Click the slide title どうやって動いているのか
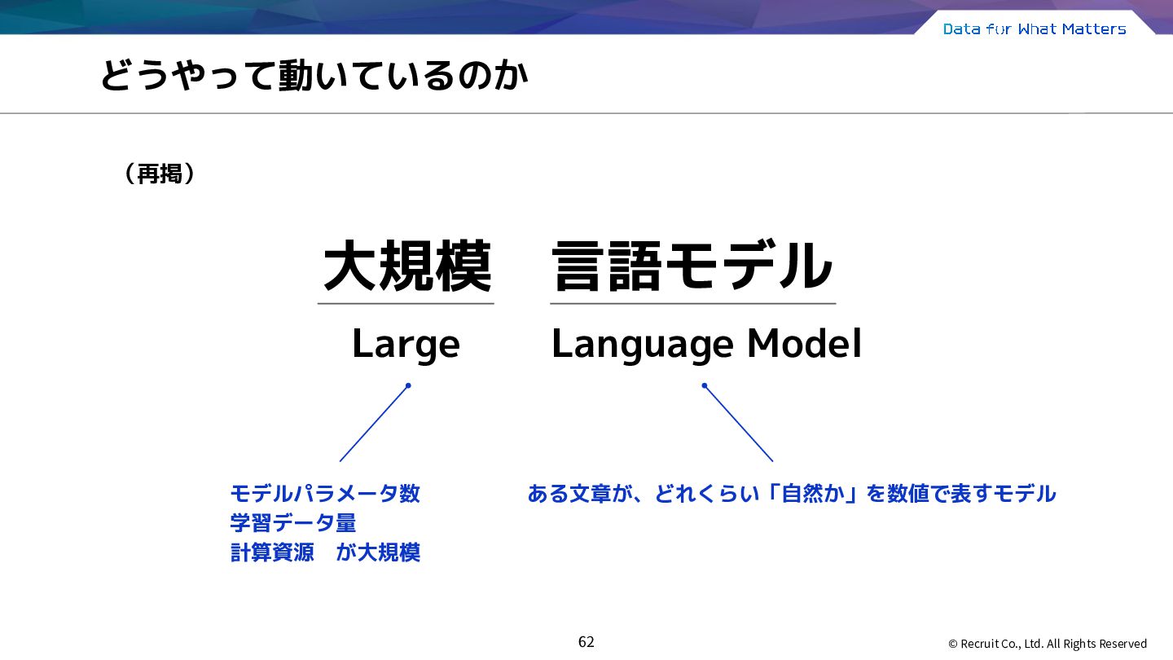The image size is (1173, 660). (314, 76)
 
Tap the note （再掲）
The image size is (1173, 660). (160, 174)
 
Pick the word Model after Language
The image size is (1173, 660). (804, 344)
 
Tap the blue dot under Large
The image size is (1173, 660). (408, 386)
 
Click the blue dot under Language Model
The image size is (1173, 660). (705, 386)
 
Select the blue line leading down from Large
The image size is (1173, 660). (374, 424)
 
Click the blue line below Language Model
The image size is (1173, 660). (738, 424)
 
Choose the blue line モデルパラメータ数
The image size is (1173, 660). (325, 494)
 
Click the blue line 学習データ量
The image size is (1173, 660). (293, 523)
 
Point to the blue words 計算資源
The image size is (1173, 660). (272, 552)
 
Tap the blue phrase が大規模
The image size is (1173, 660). (378, 552)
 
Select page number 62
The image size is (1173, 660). (586, 642)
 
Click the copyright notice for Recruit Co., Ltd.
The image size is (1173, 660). (1048, 644)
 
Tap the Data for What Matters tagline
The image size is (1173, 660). (1035, 29)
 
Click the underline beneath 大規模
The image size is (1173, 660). (406, 303)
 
